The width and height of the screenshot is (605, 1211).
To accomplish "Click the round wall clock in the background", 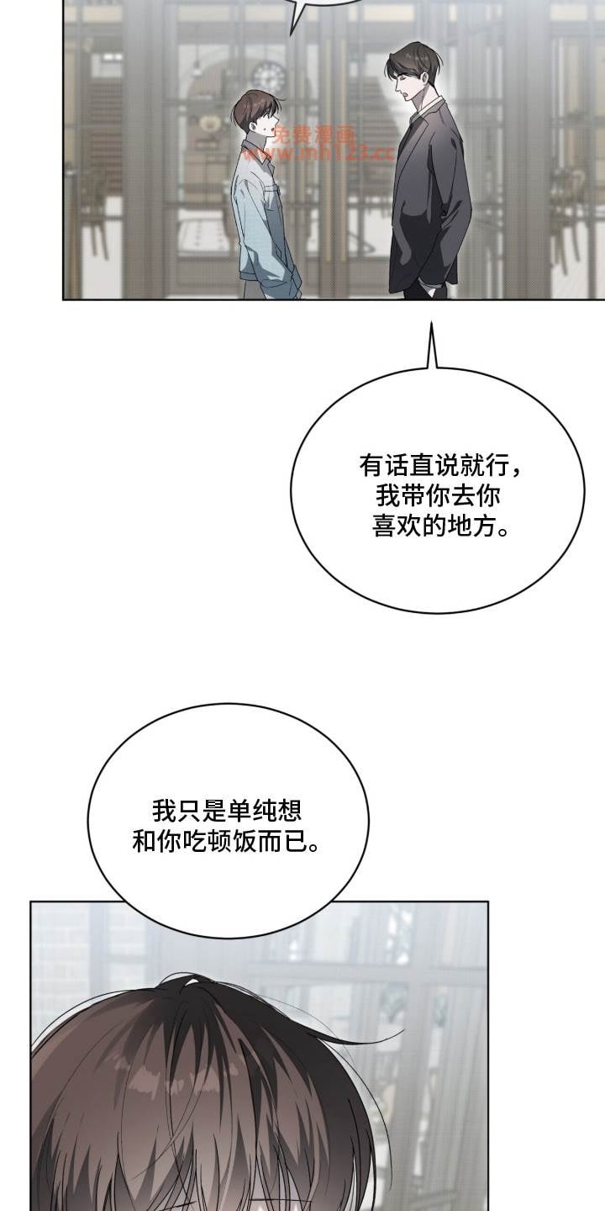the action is point(269,77).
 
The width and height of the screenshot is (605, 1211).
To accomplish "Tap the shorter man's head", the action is point(256,113).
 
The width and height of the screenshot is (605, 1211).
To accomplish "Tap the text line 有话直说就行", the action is point(441,465).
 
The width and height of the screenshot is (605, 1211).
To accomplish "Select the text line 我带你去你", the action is point(438,496).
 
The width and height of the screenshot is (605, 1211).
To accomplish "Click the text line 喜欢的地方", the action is point(441,526).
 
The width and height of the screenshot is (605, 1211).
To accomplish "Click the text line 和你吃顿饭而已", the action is point(226,841).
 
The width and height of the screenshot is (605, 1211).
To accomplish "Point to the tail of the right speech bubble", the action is point(432,346).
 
